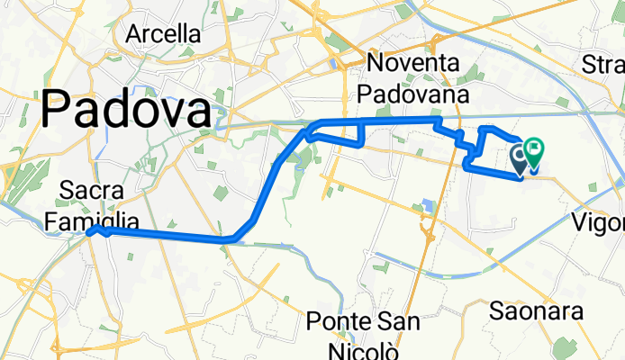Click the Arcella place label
(164, 34)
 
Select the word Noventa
(413, 65)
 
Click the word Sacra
(92, 190)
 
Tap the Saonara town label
(538, 311)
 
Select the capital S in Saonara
(496, 311)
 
